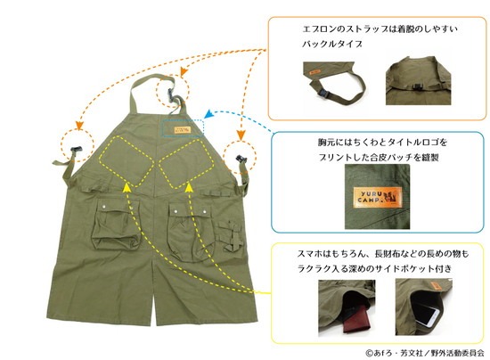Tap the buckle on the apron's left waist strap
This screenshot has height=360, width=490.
pos(77,150)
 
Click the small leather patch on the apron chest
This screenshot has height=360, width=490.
pos(182,129)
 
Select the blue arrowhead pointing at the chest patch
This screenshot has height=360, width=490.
pos(208,114)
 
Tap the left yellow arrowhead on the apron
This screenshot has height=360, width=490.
pos(126,187)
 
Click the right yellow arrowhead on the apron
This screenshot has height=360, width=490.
pos(189,187)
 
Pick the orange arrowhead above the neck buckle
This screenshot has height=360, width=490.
pos(184,72)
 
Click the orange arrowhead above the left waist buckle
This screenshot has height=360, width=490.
pos(79,125)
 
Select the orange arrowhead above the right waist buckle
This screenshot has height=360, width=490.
pos(241,135)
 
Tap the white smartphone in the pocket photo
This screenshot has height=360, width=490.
pos(429,317)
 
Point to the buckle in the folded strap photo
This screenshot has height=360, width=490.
pos(324,94)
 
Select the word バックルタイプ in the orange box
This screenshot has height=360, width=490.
pos(332,44)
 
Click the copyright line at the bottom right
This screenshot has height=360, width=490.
pos(424,353)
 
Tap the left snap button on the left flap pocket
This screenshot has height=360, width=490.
pos(103,206)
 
